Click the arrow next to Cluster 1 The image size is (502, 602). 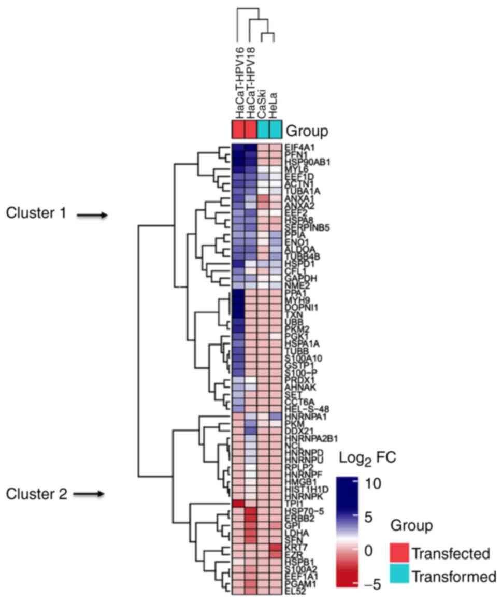coord(92,215)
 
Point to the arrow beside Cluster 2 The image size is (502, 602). coord(89,494)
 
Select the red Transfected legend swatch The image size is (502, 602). coord(399,553)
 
